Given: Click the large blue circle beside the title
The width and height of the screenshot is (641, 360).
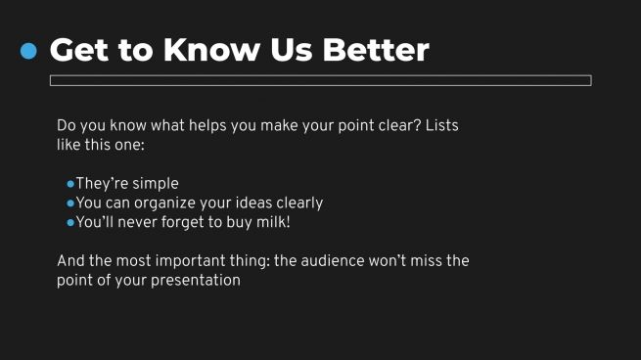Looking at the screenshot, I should click(x=28, y=50).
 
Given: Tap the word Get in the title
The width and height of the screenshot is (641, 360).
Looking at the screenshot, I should click(x=78, y=50).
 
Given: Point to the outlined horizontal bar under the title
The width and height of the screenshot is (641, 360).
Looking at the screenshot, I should click(x=320, y=80).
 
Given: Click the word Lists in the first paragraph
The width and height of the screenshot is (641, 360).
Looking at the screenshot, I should click(x=440, y=126).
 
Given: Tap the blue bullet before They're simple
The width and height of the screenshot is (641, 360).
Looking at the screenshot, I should click(x=70, y=184).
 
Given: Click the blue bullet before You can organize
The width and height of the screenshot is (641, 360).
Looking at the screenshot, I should click(x=70, y=203).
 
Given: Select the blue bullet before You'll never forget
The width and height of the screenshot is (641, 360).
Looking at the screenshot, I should click(x=70, y=223).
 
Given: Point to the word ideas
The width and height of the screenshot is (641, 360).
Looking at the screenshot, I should click(x=259, y=203).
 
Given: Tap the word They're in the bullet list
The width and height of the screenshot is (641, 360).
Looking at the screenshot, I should click(x=99, y=184).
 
